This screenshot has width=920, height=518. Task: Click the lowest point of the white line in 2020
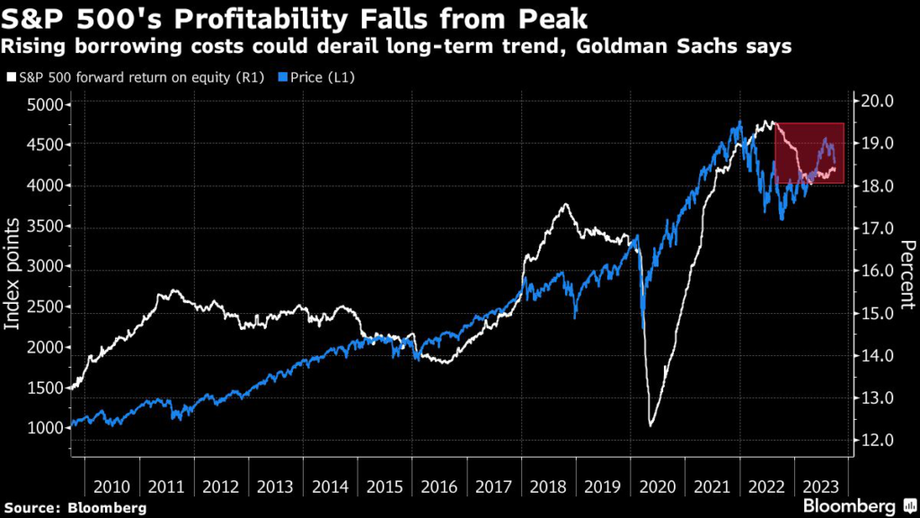[x=650, y=425]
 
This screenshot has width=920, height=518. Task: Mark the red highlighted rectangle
[x=809, y=153]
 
